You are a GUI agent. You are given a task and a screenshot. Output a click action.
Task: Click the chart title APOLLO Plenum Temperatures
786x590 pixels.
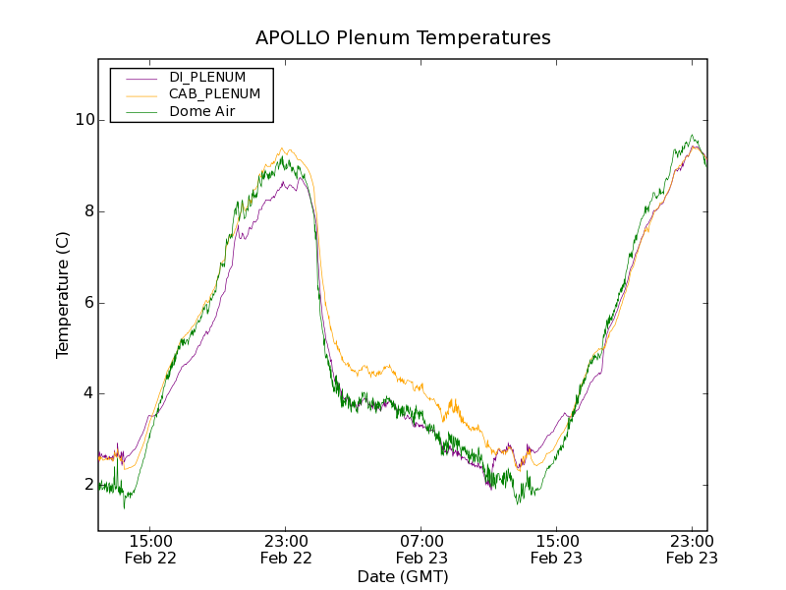(x=403, y=38)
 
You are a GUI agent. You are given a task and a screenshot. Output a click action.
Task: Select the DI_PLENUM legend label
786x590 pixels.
(x=207, y=77)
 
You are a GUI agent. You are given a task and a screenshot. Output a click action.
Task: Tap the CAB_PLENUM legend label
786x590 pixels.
(x=214, y=94)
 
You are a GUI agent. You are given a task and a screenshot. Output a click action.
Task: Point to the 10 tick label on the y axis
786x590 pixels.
(x=84, y=120)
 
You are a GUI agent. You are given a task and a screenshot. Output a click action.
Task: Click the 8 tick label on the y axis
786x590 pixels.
(x=89, y=211)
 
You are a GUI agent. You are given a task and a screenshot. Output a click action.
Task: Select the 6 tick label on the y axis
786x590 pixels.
(x=89, y=303)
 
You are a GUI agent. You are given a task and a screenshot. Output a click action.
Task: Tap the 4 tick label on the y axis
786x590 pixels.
(x=89, y=393)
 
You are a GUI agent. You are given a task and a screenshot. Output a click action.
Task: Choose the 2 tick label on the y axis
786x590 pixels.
(x=89, y=485)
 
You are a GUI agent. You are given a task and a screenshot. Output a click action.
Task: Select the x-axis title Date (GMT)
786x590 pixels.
(x=403, y=576)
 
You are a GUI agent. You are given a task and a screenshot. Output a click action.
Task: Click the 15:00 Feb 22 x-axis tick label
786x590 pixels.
(x=150, y=549)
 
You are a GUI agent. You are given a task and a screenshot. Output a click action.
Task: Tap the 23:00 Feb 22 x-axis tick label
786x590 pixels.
(x=286, y=549)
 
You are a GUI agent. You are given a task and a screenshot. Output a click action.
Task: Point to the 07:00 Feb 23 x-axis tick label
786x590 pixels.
(x=421, y=549)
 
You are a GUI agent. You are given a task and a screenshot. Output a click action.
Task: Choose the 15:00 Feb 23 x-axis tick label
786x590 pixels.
(x=556, y=549)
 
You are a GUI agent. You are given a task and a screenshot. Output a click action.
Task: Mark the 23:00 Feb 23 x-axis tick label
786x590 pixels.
(x=691, y=549)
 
